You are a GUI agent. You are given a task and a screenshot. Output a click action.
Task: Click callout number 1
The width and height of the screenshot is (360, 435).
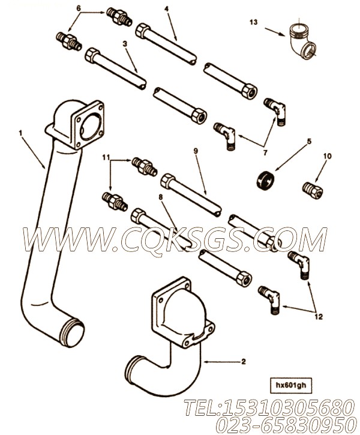(x=22, y=130)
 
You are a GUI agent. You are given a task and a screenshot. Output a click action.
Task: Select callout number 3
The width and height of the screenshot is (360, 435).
(x=124, y=44)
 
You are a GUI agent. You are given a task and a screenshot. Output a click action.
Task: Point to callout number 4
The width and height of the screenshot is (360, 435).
(x=166, y=10)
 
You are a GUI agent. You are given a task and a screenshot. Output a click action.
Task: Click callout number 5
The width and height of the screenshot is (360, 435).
(x=309, y=142)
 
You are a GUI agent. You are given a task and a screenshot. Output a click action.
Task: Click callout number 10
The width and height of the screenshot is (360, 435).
(x=328, y=157)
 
